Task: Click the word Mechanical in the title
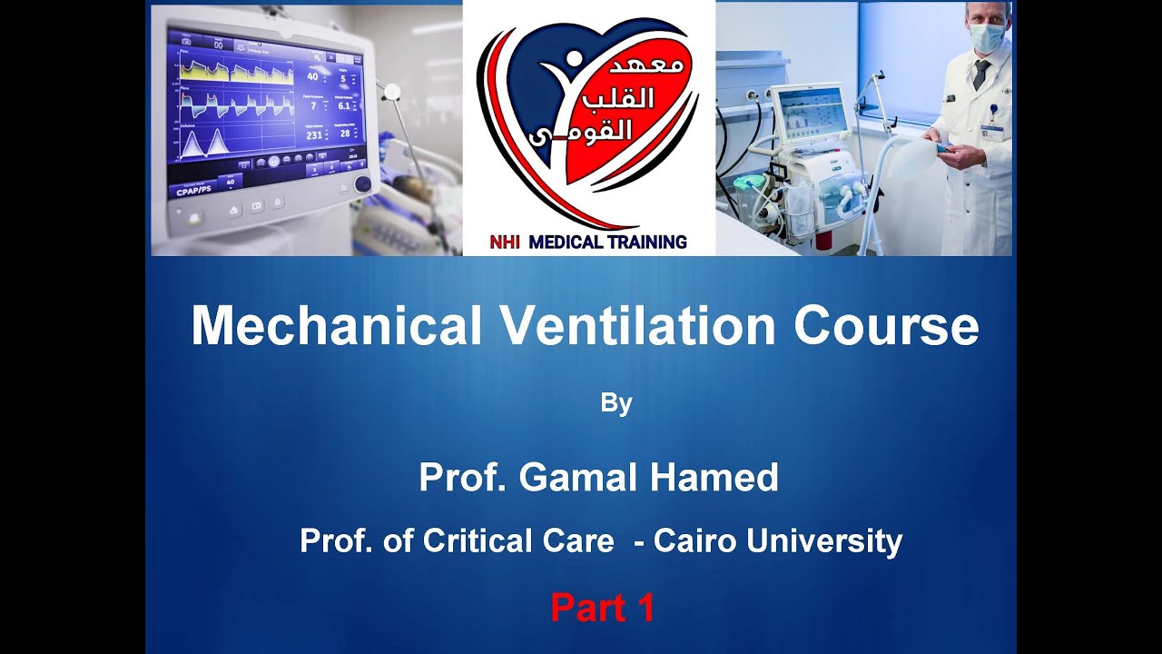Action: coord(336,326)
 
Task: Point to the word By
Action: coord(615,403)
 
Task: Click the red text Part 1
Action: coord(602,609)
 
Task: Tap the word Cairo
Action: coord(694,541)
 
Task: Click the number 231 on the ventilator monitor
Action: coord(314,135)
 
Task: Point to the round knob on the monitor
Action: coord(362,183)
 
